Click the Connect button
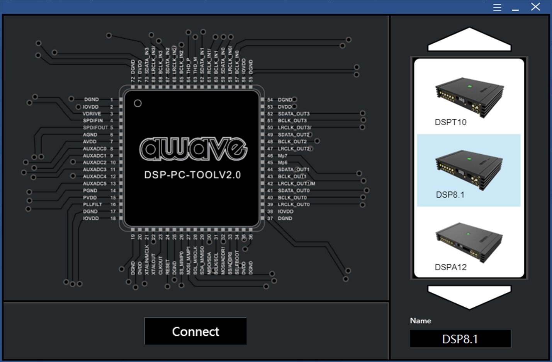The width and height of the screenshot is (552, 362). coord(195,331)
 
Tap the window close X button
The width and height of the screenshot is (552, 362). coord(535,7)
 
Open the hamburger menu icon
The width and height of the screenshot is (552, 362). coord(497,7)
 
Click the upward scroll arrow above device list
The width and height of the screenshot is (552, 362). coord(469,39)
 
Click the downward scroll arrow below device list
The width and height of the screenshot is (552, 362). coord(469,297)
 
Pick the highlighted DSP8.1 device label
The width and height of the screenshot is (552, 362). coord(450,195)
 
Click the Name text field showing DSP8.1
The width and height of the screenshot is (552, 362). coord(460,339)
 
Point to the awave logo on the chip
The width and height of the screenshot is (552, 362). coord(193,149)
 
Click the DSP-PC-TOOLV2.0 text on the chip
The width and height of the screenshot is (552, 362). coord(192,175)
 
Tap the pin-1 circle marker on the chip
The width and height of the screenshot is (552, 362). coord(138,103)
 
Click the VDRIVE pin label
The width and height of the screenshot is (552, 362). coord(92,114)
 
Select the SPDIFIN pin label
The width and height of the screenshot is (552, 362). coord(93,121)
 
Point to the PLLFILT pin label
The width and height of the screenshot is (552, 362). coord(92,204)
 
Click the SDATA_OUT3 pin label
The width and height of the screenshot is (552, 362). coord(294,114)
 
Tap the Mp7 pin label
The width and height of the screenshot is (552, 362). coord(282,155)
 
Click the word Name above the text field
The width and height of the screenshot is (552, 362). coord(420,321)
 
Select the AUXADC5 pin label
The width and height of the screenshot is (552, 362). coord(94,183)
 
